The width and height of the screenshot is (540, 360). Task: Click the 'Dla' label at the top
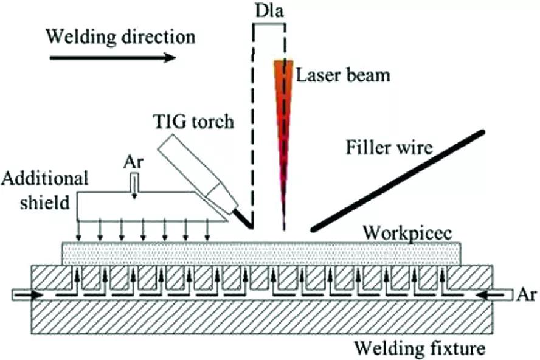click(268, 12)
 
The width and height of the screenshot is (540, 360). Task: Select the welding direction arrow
click(112, 58)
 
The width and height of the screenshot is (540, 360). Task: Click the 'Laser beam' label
click(342, 75)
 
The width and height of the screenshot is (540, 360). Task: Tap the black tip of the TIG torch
click(246, 221)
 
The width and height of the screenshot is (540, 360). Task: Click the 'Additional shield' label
click(46, 190)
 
